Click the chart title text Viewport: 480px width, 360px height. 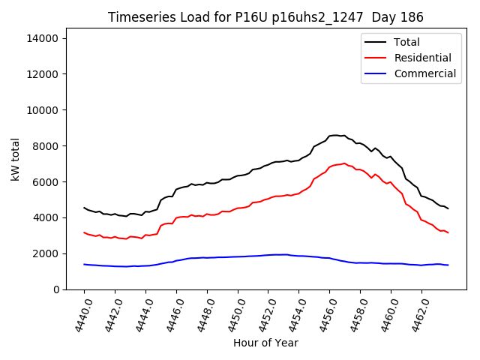tap(265, 17)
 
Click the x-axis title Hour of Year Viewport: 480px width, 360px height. tap(265, 343)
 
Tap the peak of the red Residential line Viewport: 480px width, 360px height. tap(344, 163)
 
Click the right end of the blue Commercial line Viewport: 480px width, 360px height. tap(448, 265)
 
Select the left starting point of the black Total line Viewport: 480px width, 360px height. tap(84, 208)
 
